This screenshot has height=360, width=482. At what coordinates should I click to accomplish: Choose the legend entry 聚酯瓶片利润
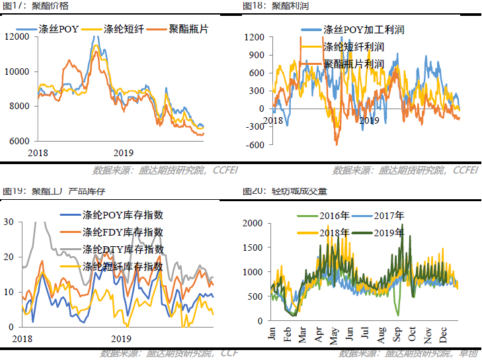354,64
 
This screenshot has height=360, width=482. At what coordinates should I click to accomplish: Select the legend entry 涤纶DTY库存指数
123,249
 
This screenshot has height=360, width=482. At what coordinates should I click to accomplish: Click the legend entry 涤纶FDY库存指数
123,232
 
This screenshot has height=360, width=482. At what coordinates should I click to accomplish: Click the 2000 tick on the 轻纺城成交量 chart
252,223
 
